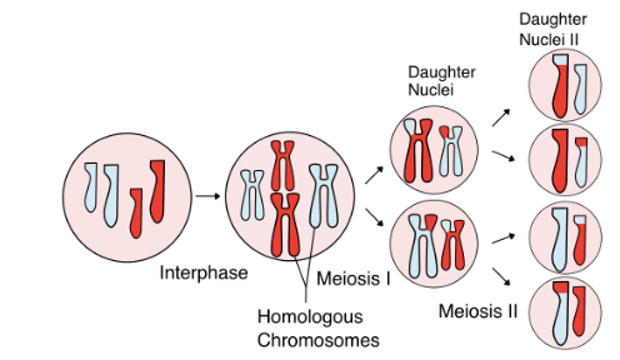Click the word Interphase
[x=203, y=273]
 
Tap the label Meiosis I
[x=353, y=279]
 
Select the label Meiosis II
[x=477, y=311]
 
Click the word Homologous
[x=310, y=317]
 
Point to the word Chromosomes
[x=318, y=340]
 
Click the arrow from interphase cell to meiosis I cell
[x=207, y=196]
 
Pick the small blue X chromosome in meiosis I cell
[x=252, y=195]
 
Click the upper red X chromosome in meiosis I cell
[x=282, y=166]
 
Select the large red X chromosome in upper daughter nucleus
[x=418, y=151]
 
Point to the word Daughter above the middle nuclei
[x=441, y=72]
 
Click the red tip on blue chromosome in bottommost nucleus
[x=561, y=287]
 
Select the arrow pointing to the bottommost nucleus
[x=501, y=276]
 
